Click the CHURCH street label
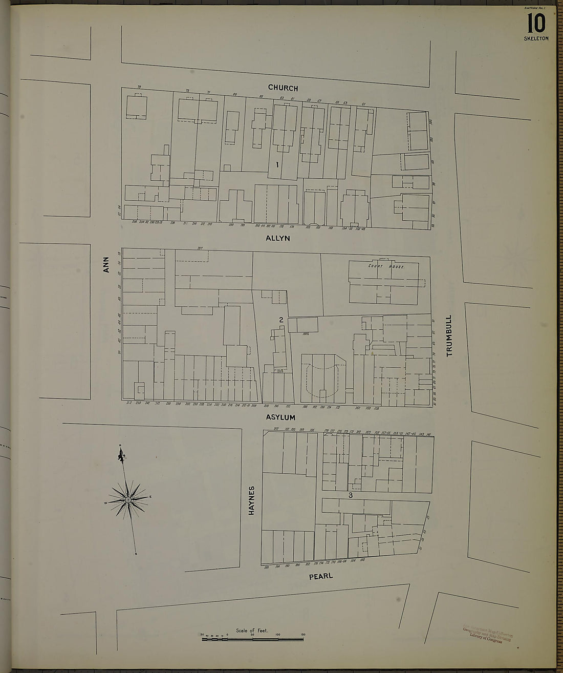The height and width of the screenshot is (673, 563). tap(283, 88)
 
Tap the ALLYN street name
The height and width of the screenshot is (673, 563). tap(278, 238)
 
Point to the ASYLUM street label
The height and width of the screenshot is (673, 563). tap(280, 417)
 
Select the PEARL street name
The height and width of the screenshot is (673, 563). tap(321, 576)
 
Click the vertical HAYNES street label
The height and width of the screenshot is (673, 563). tap(251, 500)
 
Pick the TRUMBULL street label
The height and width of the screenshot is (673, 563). tap(450, 335)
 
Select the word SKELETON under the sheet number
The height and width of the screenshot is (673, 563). tap(536, 38)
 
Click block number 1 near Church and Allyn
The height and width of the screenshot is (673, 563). tap(277, 165)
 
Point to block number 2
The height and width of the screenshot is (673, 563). tap(281, 320)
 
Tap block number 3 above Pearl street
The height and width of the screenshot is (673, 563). tap(351, 496)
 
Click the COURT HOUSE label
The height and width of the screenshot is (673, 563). tap(386, 267)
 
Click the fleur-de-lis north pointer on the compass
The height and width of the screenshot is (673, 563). tap(122, 455)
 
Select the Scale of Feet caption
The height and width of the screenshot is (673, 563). tap(252, 630)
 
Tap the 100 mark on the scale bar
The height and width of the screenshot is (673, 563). tap(278, 635)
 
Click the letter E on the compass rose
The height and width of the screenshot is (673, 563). tap(150, 497)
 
